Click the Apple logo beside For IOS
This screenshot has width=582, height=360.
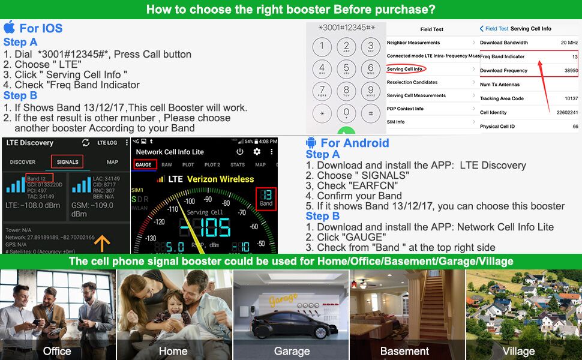coord(9,28)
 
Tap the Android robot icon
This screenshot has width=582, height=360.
coord(311,143)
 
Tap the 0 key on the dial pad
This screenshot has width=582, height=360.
coord(346,112)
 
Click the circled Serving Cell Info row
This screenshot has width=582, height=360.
coord(404,69)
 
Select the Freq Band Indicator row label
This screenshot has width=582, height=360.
coord(502,56)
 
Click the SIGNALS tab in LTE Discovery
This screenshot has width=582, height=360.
coord(67,162)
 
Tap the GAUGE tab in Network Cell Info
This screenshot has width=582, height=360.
coord(143,164)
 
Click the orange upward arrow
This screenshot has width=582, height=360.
coord(103,243)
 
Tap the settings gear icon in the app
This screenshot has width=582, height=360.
coord(257,152)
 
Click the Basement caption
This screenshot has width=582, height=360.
coord(404,351)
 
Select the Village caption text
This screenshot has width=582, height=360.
coord(518,351)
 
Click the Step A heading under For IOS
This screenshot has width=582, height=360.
coord(20,42)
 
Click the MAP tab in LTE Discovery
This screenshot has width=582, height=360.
coord(112,162)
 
